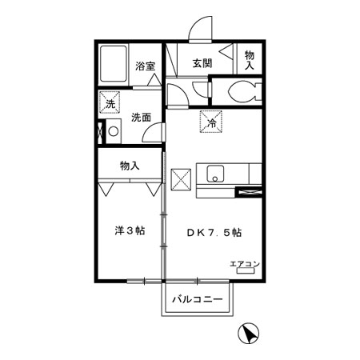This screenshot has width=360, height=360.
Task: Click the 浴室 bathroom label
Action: (145, 66)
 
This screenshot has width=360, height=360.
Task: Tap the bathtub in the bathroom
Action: (114, 63)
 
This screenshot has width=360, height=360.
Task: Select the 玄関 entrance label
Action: (202, 63)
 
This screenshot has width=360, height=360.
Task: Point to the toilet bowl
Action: (242, 91)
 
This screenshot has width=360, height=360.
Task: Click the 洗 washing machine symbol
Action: (110, 102)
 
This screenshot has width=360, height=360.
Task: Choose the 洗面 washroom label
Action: (142, 118)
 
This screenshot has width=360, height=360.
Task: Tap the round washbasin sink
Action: (114, 131)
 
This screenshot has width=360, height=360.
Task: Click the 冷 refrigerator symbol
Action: (211, 122)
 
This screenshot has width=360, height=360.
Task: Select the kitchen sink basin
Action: (215, 174)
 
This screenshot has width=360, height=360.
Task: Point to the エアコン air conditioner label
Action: (245, 264)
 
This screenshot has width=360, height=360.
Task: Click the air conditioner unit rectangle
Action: (246, 270)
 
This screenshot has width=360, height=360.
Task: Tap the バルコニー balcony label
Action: (198, 299)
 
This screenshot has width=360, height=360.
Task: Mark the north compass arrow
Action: (249, 334)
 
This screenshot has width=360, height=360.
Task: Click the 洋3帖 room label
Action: (130, 231)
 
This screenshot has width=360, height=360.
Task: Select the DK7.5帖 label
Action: (214, 233)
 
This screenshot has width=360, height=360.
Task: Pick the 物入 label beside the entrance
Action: (250, 61)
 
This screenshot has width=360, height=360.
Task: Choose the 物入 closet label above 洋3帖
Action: (130, 166)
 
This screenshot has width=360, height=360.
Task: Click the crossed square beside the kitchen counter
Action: (181, 179)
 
